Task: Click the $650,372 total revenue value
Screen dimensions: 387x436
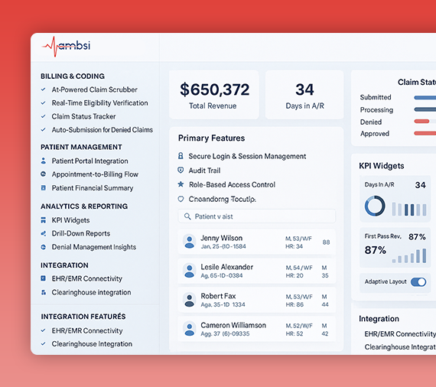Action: [x=214, y=89]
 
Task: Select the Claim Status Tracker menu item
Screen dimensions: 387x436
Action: [x=83, y=116]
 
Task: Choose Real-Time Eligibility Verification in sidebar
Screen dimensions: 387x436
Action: [x=99, y=103]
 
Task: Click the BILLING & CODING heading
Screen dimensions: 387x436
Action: [x=73, y=76]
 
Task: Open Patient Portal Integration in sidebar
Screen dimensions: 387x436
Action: [x=89, y=161]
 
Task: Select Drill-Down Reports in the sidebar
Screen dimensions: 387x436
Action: [x=80, y=233]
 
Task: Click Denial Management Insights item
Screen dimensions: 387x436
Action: [x=93, y=247]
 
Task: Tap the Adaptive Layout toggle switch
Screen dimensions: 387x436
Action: [x=418, y=281]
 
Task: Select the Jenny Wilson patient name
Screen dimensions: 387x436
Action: [x=221, y=238]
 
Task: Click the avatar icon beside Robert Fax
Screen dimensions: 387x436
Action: [x=189, y=299]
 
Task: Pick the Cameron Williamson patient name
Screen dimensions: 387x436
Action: [x=233, y=325]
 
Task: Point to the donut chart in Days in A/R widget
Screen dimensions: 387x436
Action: [x=375, y=206]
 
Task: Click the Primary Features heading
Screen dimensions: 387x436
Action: [x=211, y=138]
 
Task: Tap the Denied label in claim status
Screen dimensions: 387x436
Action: [x=371, y=122]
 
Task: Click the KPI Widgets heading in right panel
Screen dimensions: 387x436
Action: [x=381, y=165]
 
